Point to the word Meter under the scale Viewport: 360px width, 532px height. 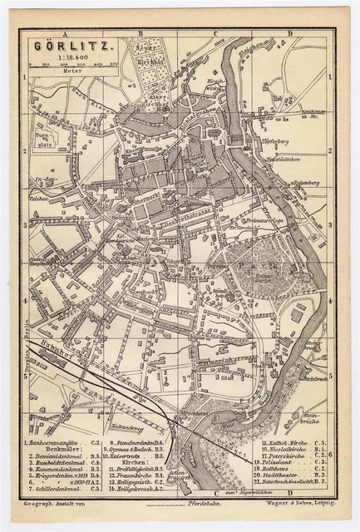coord(57,72)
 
